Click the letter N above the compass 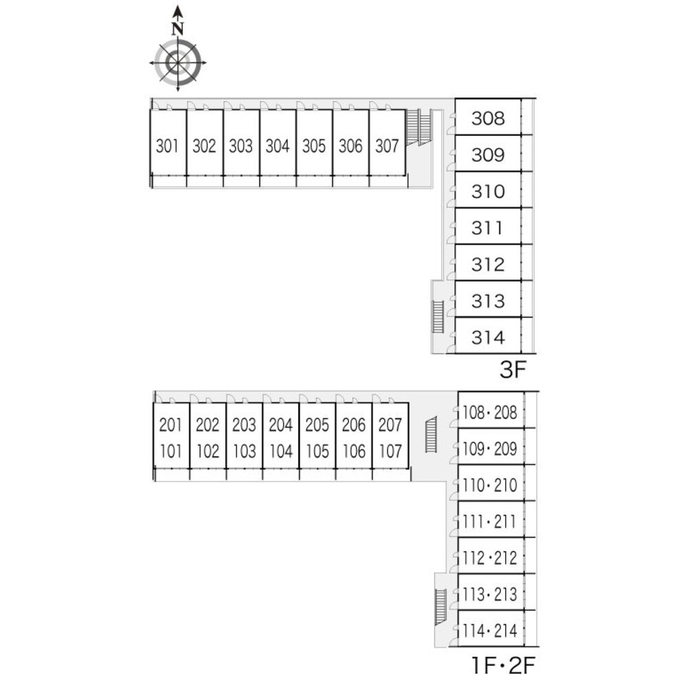point(178,29)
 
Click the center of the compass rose point(178,63)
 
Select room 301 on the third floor point(167,146)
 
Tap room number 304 point(277,146)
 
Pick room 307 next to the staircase point(387,146)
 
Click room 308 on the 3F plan point(488,118)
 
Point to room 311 point(488,227)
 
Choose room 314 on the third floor point(488,337)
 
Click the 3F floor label point(512,371)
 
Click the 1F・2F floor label point(503,665)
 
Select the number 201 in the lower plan point(170,425)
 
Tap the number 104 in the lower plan point(280,451)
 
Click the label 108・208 point(489,412)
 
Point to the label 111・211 point(489,521)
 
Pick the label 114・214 point(489,630)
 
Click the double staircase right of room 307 point(419,127)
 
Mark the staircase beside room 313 point(438,317)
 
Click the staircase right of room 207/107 point(431,435)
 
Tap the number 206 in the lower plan point(353,425)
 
